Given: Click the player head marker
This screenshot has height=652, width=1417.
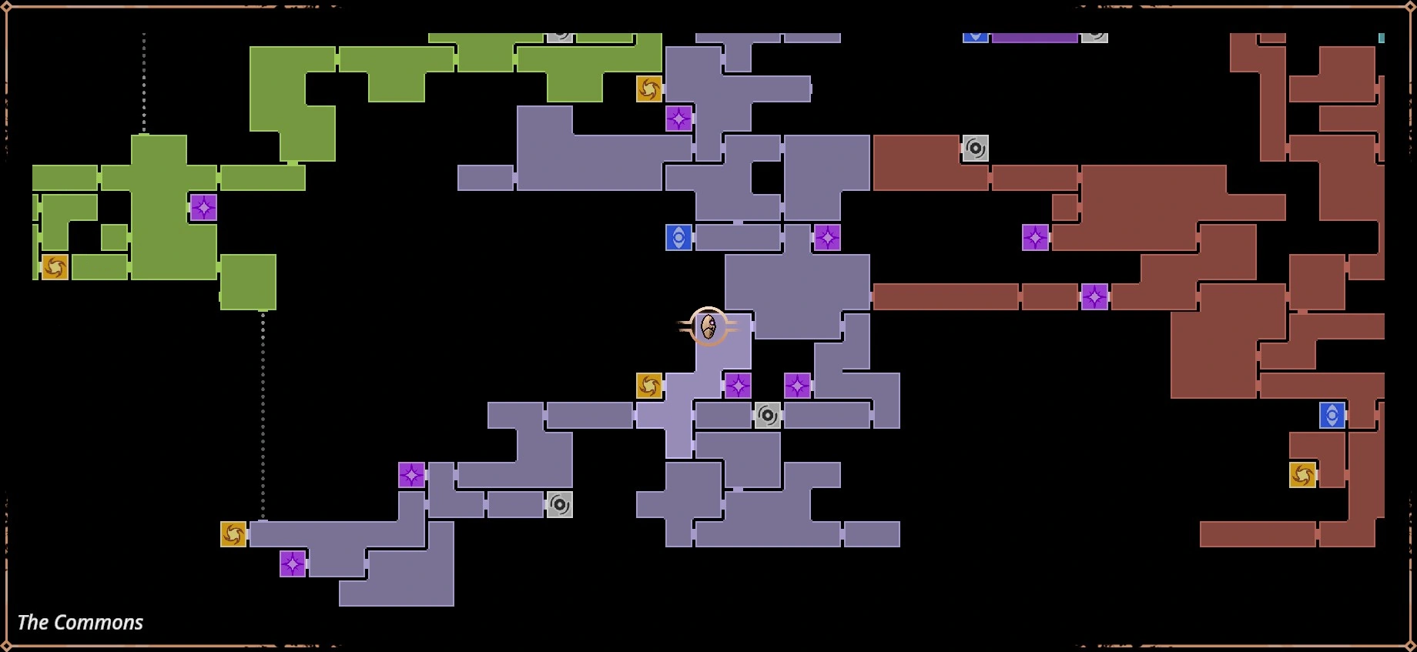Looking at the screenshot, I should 708,326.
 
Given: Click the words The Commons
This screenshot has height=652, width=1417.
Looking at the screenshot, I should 80,622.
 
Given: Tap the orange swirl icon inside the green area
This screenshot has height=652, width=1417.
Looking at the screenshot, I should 55,267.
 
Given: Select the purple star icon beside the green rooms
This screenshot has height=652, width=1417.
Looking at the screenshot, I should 203,208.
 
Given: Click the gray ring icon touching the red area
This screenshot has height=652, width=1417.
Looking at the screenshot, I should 975,148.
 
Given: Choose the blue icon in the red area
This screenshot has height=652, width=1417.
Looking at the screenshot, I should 1332,416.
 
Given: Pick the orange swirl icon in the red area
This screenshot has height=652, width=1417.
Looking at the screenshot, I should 1302,475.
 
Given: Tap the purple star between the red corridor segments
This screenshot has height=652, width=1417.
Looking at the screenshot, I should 1094,296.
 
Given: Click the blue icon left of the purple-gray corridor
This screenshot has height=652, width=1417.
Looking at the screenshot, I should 678,238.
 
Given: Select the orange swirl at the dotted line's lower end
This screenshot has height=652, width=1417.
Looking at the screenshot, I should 233,534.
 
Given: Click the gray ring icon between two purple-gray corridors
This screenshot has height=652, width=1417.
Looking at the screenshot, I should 767,416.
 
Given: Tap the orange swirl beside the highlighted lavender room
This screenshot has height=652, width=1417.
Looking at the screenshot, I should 649,386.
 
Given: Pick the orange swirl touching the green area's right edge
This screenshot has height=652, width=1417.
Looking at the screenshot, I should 649,89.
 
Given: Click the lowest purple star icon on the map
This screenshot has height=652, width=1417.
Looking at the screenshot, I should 293,564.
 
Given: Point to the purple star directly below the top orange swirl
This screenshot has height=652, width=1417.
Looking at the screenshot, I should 678,119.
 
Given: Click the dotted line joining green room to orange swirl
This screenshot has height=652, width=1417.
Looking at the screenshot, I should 263,416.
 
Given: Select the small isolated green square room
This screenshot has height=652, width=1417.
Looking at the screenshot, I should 114,237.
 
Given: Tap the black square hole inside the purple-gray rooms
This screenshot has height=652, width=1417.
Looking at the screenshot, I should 767,178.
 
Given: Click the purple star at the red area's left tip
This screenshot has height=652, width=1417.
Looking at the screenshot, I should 1035,238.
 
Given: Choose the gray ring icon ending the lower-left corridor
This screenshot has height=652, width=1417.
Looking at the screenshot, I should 560,505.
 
